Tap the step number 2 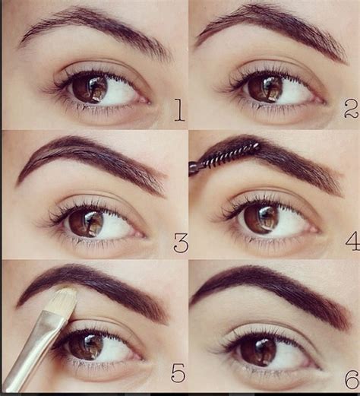[x=350, y=111]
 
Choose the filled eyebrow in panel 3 [x=91, y=152]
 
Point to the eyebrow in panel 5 [x=99, y=281]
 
